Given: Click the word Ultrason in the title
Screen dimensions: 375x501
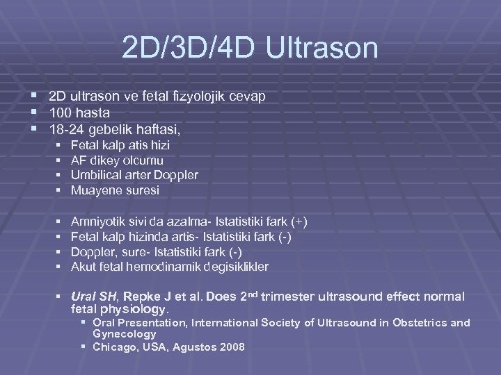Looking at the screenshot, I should tap(322, 49).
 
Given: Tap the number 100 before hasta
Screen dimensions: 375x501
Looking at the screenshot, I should tap(60, 112).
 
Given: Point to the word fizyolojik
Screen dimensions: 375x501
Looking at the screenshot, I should tap(196, 96).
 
